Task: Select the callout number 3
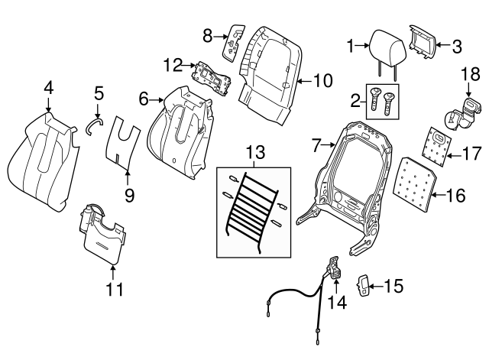(x=457, y=47)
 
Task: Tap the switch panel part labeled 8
(x=232, y=42)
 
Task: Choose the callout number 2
(x=353, y=100)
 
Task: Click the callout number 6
(x=143, y=98)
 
